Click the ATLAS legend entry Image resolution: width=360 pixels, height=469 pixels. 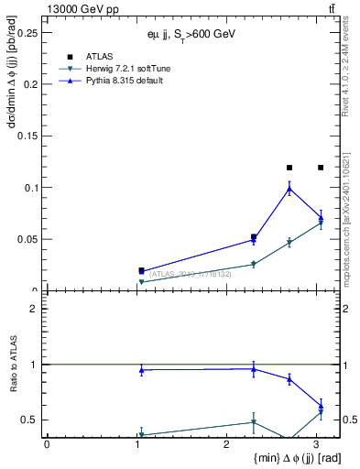click(x=100, y=57)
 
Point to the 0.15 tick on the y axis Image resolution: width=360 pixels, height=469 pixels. click(x=29, y=136)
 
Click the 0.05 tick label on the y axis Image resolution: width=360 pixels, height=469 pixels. click(x=29, y=239)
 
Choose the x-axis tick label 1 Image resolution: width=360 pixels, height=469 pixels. click(x=136, y=445)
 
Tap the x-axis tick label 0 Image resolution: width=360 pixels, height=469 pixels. click(x=47, y=445)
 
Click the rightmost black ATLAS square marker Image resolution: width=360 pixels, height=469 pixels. click(x=321, y=168)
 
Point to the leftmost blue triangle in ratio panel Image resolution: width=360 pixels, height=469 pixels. click(x=141, y=370)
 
